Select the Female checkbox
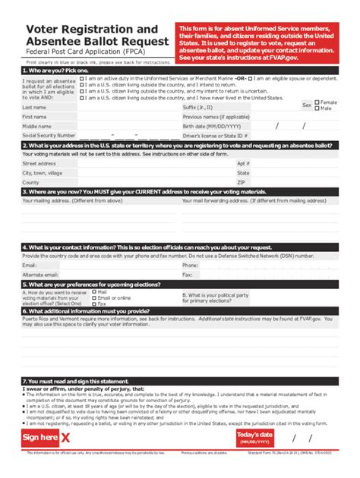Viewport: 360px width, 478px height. coord(317,102)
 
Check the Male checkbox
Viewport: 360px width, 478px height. coord(317,108)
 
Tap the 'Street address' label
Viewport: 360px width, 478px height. coord(39,163)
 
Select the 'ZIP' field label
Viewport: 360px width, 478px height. coord(241,182)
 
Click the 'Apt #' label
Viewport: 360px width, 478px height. coord(243,163)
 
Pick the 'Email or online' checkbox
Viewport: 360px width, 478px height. coord(94,297)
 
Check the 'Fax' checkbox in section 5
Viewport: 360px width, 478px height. coord(94,303)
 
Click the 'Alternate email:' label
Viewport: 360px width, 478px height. coord(41,275)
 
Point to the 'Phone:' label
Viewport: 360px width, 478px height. coord(190,266)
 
